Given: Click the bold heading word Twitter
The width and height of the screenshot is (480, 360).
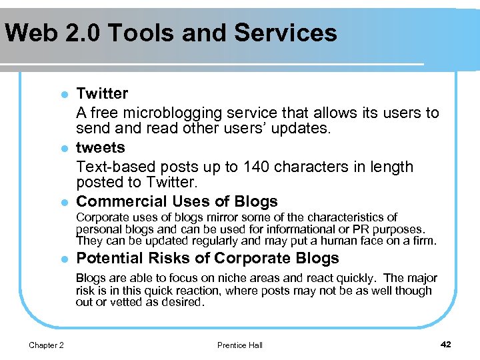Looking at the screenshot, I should click(x=102, y=93).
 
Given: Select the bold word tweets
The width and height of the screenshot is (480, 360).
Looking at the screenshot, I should click(x=101, y=147).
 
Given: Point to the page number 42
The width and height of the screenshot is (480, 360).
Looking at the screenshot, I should click(x=446, y=344).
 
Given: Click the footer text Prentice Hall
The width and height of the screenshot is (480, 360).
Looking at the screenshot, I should click(x=240, y=345).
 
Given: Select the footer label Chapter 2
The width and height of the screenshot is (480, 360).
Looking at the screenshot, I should click(x=47, y=345).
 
